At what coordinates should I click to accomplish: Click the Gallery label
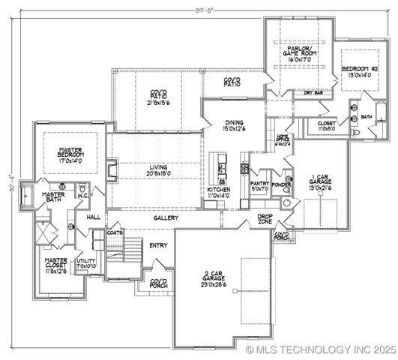166,218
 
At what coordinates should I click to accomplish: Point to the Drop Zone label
265,220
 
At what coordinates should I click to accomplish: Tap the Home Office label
283,140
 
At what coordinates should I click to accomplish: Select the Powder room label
282,183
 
